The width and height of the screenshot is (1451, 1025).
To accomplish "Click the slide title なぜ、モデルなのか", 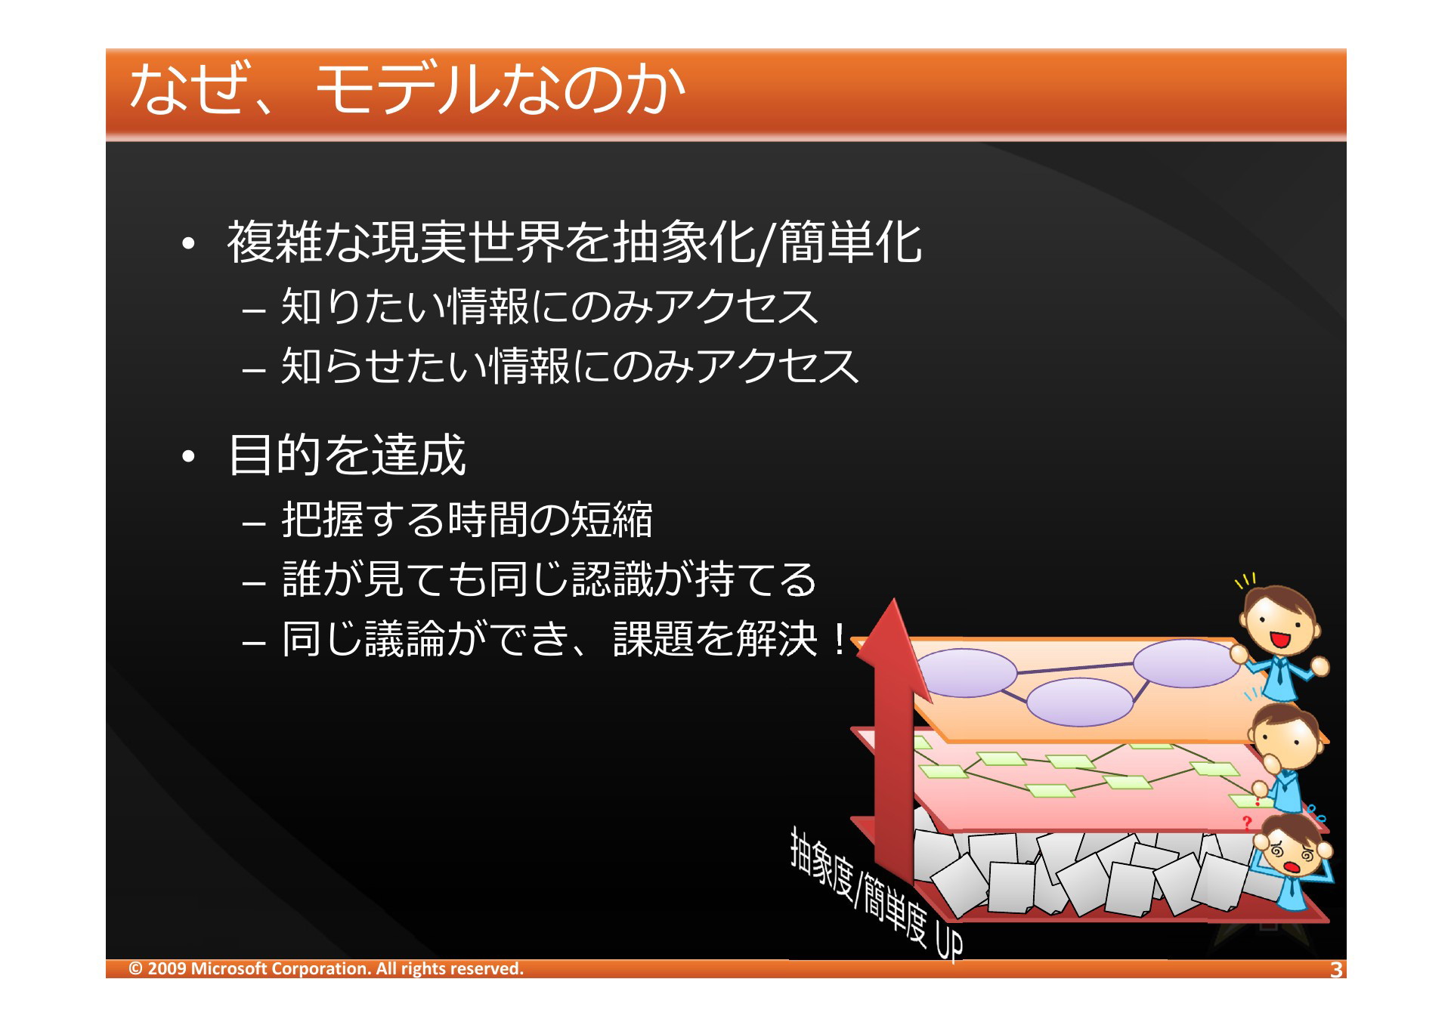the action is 407,88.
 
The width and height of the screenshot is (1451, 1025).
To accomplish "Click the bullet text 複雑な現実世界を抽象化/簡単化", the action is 574,242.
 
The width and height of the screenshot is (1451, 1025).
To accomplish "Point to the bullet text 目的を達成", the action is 347,455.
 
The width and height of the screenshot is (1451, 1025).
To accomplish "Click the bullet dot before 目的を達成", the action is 189,456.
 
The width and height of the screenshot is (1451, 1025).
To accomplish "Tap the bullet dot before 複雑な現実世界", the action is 189,243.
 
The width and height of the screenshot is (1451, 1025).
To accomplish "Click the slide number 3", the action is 1336,970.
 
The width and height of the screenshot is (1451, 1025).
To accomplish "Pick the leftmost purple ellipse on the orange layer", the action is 967,672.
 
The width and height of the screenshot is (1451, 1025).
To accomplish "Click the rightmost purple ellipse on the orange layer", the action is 1185,663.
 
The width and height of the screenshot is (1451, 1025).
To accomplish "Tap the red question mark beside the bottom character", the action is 1247,823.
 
